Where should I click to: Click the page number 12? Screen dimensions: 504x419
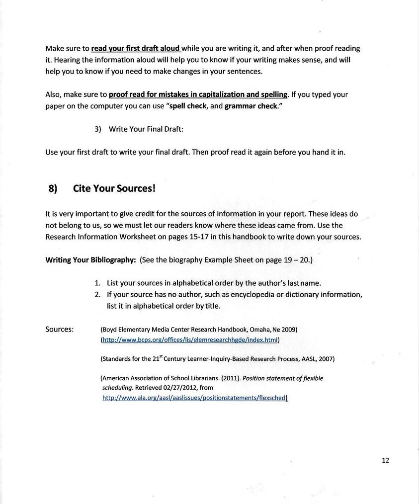pyautogui.click(x=385, y=460)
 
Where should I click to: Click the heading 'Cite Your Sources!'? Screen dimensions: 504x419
pyautogui.click(x=114, y=188)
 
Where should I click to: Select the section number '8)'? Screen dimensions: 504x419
pyautogui.click(x=53, y=188)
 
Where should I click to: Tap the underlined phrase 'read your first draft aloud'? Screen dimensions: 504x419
pyautogui.click(x=135, y=49)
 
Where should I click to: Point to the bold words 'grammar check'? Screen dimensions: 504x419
pyautogui.click(x=251, y=106)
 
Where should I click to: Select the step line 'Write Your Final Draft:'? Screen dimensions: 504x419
pyautogui.click(x=146, y=129)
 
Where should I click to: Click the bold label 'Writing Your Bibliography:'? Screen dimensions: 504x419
pyautogui.click(x=90, y=260)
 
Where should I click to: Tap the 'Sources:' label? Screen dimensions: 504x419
pyautogui.click(x=60, y=329)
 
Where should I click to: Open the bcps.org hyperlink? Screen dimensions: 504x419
pyautogui.click(x=190, y=340)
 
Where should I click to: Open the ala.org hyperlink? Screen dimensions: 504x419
pyautogui.click(x=194, y=398)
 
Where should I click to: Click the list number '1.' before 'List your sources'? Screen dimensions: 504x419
pyautogui.click(x=98, y=283)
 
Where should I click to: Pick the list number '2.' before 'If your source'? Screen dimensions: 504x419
pyautogui.click(x=98, y=295)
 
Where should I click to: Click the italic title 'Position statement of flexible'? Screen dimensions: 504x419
pyautogui.click(x=283, y=378)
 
